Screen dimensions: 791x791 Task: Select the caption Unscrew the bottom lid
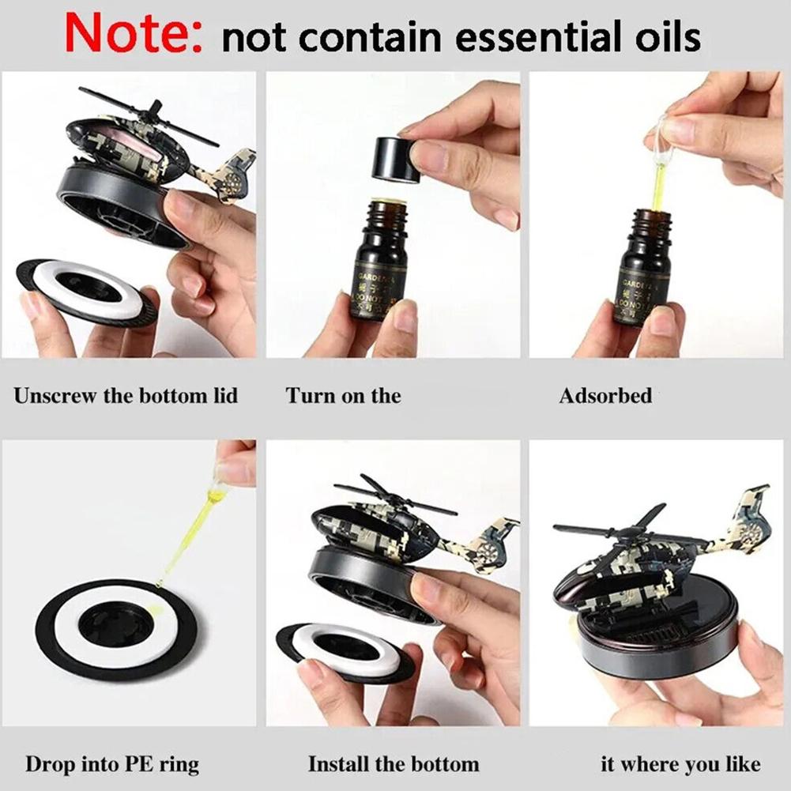point(126,395)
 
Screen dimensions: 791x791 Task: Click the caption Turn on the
point(344,395)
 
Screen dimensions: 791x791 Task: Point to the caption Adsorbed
point(605,395)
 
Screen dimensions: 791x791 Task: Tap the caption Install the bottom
point(394,764)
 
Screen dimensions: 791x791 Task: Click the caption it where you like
point(680,764)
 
